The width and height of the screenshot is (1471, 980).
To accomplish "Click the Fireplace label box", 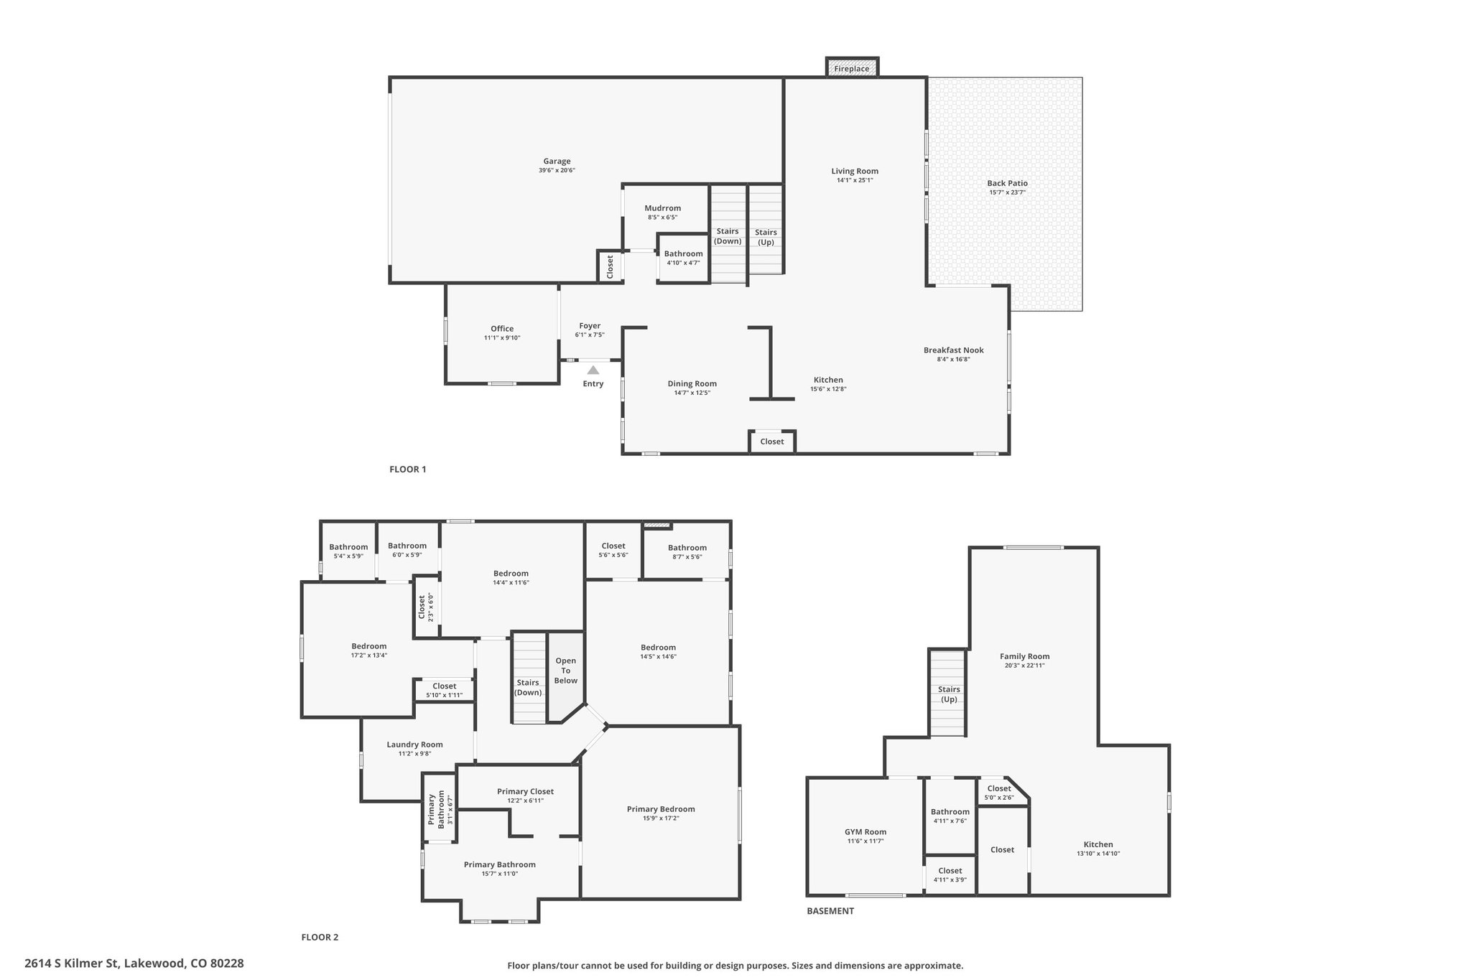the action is (852, 67).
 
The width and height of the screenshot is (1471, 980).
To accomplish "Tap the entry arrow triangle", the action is (593, 370).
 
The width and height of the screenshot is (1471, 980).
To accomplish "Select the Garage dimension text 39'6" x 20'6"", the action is (557, 171).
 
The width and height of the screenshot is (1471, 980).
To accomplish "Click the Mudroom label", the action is (663, 208).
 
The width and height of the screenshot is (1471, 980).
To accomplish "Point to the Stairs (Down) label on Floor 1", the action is (728, 236).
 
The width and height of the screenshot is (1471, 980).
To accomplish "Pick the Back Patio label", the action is (1007, 183).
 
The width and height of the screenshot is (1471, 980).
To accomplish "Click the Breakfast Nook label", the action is (954, 350).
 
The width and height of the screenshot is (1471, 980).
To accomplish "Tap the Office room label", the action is (502, 329).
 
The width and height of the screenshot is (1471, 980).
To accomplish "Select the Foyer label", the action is (590, 326).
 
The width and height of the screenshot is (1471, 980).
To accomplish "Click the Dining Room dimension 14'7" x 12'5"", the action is (692, 393).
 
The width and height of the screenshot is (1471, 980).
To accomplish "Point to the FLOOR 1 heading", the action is (408, 470).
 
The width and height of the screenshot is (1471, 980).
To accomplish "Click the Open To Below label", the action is (566, 671).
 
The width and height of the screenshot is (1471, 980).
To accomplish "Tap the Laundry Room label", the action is (415, 745).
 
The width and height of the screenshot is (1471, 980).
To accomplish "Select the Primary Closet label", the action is (526, 791).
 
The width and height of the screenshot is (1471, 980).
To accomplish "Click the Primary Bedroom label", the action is (661, 809).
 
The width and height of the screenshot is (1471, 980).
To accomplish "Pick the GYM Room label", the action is (866, 832).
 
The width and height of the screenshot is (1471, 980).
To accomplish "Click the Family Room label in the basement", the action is (1025, 656).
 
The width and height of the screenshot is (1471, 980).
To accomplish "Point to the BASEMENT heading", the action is (830, 911).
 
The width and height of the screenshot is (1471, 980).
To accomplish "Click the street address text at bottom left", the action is (134, 963).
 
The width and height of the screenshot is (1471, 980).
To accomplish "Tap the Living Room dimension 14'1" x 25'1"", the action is (855, 180).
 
